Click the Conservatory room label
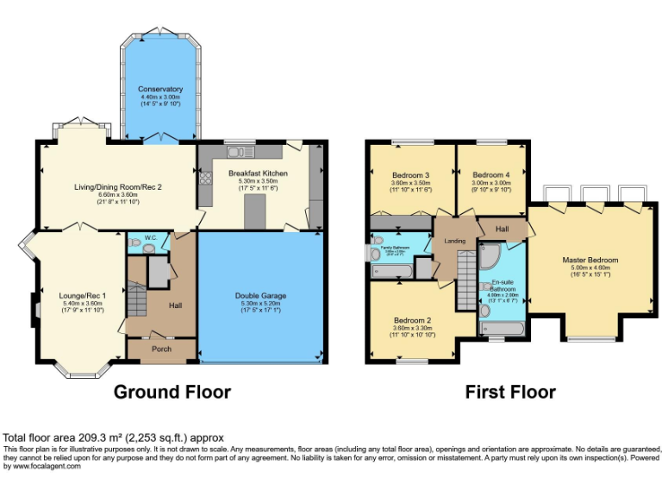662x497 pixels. tap(161, 89)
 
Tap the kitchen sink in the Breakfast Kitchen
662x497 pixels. tap(236, 153)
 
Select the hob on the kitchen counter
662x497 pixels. tap(206, 180)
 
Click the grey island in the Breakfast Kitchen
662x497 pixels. tap(255, 211)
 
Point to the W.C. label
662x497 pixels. tap(150, 237)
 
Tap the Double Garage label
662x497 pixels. tap(262, 296)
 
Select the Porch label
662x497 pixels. tap(161, 349)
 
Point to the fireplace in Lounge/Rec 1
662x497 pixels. tap(35, 305)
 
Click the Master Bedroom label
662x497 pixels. tap(590, 260)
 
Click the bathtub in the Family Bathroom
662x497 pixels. tap(393, 271)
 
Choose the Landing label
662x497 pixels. tap(454, 242)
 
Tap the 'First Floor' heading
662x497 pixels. tap(509, 393)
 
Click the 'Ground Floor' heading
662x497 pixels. tap(173, 393)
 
